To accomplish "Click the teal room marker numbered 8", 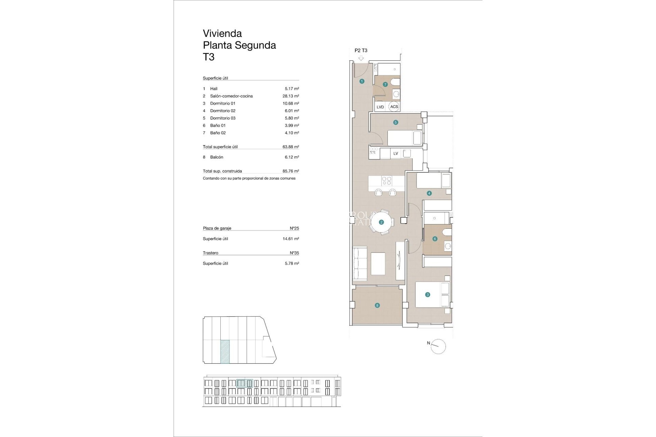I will (x=377, y=305).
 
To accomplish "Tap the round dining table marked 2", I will (x=381, y=222).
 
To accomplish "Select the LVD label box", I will (x=380, y=107).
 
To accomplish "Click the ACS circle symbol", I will (x=394, y=107).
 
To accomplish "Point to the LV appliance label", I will (x=396, y=153).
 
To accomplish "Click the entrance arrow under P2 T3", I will (x=361, y=58).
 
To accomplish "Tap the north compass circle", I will (x=438, y=347).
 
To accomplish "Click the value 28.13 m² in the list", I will (x=290, y=96).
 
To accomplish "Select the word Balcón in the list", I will (x=217, y=157).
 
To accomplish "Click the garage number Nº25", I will (x=294, y=228).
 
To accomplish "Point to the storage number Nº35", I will (x=294, y=253).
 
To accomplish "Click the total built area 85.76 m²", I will (x=290, y=171).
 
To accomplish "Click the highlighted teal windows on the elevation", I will (x=245, y=383).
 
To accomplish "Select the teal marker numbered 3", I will (x=427, y=295).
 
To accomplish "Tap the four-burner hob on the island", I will (x=386, y=181).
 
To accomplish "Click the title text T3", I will (x=209, y=57).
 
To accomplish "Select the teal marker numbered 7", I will (x=385, y=84).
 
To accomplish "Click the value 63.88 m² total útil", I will (x=290, y=147).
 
